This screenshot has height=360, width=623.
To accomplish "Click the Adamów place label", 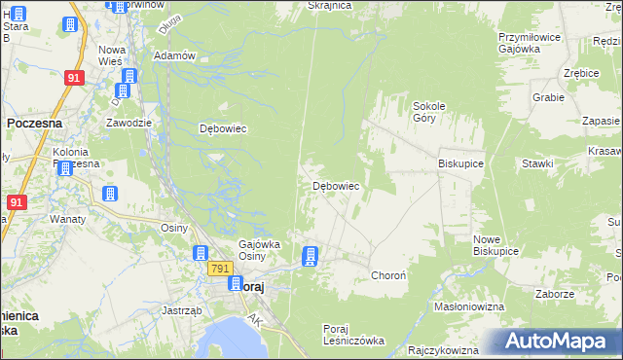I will (175, 55).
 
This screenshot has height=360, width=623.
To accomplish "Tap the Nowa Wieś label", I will (113, 55).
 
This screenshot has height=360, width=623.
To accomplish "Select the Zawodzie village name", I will (128, 123).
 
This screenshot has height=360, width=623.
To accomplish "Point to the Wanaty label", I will (68, 219).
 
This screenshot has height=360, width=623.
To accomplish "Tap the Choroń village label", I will (394, 276).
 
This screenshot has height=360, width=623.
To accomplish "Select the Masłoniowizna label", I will (468, 306).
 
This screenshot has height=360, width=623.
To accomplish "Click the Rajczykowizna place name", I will (444, 350).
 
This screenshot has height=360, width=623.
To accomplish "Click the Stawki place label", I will (536, 164).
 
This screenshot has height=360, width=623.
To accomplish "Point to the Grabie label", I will (548, 97).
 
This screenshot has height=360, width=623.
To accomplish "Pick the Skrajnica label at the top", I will (328, 5).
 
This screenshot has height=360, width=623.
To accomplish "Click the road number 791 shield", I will (220, 269).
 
